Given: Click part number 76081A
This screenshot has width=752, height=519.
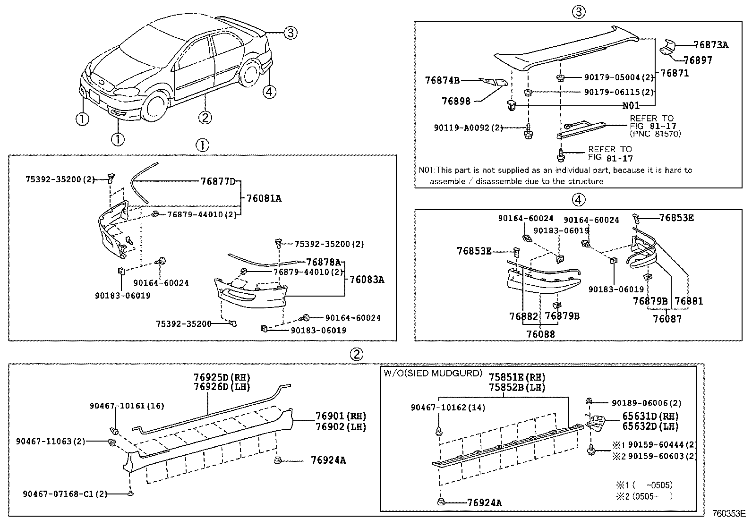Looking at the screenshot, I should [264, 199].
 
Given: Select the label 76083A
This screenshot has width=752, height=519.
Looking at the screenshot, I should [367, 280].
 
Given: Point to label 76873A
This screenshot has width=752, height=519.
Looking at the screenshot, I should [710, 45].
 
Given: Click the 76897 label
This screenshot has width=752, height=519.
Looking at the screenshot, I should [698, 60].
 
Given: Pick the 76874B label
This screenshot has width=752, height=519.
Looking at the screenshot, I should [442, 81].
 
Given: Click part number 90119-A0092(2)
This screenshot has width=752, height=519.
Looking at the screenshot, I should [461, 128].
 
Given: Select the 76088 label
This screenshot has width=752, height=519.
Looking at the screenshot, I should [540, 334].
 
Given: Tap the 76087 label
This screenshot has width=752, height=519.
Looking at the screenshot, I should [667, 319].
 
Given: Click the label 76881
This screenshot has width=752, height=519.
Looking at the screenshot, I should [689, 301].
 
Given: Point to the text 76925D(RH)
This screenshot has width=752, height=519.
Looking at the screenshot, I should [222, 377].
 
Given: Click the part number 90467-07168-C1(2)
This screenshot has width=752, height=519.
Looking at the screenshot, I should [65, 494].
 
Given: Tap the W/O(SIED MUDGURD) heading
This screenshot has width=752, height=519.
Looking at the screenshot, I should [433, 373].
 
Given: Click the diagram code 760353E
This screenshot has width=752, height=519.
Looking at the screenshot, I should [728, 513].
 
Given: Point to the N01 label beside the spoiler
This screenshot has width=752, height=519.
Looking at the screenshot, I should [631, 106].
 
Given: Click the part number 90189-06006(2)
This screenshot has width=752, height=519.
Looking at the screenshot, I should [647, 403].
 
